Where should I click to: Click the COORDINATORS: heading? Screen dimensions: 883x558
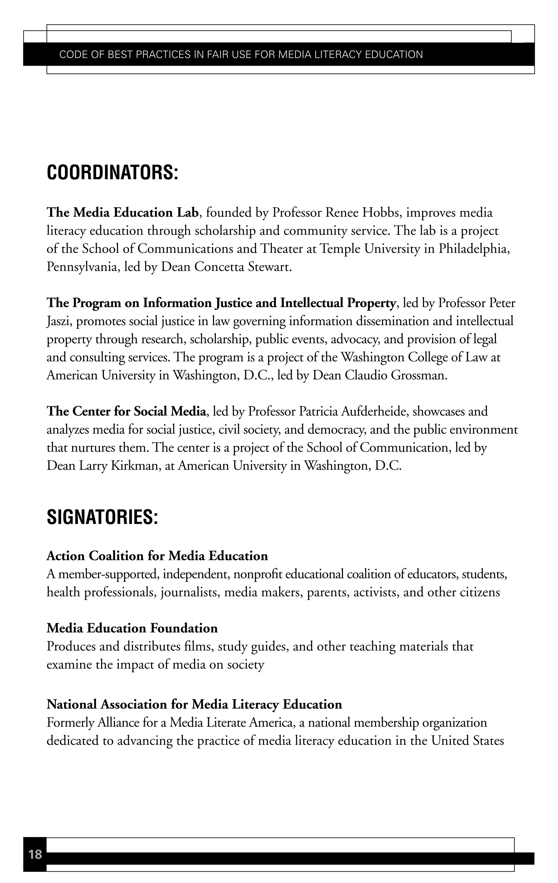point(112,172)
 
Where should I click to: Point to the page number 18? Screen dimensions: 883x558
point(35,854)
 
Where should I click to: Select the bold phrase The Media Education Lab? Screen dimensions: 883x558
point(123,213)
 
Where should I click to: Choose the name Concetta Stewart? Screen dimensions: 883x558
point(242,267)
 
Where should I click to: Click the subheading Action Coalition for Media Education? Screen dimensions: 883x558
point(157,556)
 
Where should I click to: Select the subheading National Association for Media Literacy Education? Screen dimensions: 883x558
point(194,704)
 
